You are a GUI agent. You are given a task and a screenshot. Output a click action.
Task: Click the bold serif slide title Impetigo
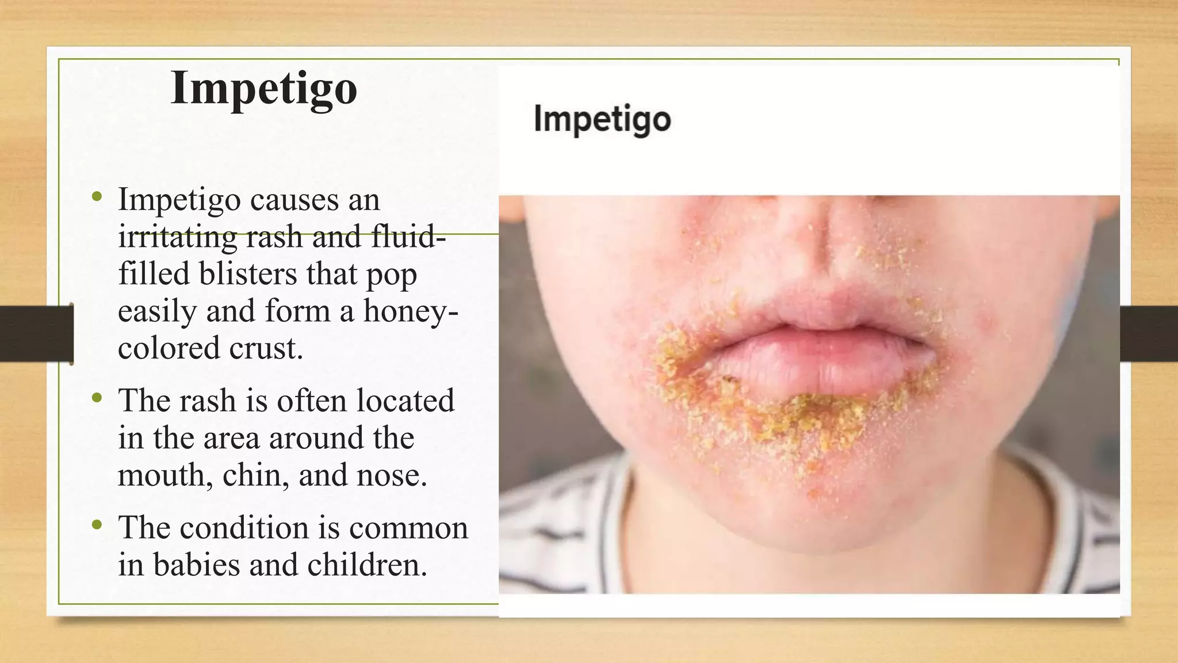coord(264,88)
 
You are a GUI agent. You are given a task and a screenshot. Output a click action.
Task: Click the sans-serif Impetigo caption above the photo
coord(602,119)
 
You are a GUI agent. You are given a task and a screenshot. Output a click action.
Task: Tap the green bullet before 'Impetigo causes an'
coord(97,197)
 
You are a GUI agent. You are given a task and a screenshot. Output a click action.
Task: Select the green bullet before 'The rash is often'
coord(97,398)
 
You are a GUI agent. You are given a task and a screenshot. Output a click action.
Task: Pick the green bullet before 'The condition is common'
coord(97,524)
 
